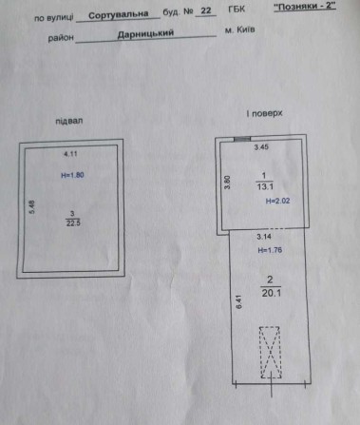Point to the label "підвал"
pyautogui.click(x=70, y=121)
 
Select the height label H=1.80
pyautogui.click(x=74, y=176)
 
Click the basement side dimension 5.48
pyautogui.click(x=33, y=207)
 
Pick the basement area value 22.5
pyautogui.click(x=73, y=223)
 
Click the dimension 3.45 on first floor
pyautogui.click(x=260, y=148)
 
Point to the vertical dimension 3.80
pyautogui.click(x=227, y=181)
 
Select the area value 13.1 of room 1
pyautogui.click(x=267, y=187)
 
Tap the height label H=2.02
pyautogui.click(x=275, y=202)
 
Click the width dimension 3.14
pyautogui.click(x=261, y=238)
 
